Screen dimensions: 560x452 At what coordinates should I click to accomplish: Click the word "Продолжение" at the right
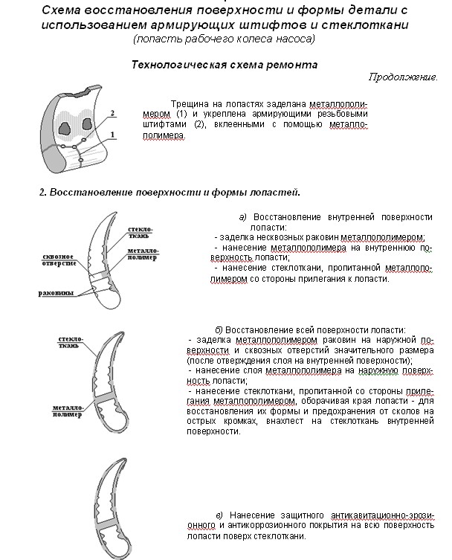[x=402, y=77]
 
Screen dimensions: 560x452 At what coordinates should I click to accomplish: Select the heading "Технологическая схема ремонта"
[x=224, y=65]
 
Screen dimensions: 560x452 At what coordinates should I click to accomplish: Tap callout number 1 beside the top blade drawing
[x=112, y=134]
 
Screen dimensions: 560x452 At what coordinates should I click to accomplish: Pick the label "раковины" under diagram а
[x=56, y=292]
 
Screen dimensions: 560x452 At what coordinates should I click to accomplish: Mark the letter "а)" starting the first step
[x=242, y=217]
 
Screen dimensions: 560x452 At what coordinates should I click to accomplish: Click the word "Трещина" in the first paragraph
[x=188, y=103]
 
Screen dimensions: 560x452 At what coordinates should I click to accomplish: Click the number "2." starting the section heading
[x=43, y=193]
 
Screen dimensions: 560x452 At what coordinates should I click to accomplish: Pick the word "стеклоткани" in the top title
[x=369, y=25]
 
